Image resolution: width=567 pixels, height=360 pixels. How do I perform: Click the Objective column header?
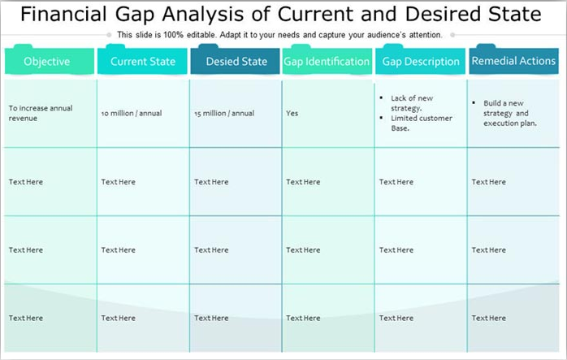[x=47, y=62]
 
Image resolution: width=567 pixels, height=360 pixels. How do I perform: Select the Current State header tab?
[x=143, y=62]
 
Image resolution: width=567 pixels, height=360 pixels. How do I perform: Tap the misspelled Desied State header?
[x=236, y=62]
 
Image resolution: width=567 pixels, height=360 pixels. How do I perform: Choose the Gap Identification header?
[x=327, y=62]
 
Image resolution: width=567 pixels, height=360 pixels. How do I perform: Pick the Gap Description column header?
[x=421, y=62]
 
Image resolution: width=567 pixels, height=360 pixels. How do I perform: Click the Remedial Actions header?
[x=513, y=61]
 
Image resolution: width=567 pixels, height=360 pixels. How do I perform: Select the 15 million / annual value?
[x=224, y=114]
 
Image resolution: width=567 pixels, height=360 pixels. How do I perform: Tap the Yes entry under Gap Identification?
[x=292, y=114]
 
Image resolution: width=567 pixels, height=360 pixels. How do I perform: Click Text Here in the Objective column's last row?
[x=26, y=319]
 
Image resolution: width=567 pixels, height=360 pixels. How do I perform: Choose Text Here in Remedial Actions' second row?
[x=489, y=182]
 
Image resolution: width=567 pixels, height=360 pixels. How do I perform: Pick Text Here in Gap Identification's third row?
[x=304, y=250]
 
